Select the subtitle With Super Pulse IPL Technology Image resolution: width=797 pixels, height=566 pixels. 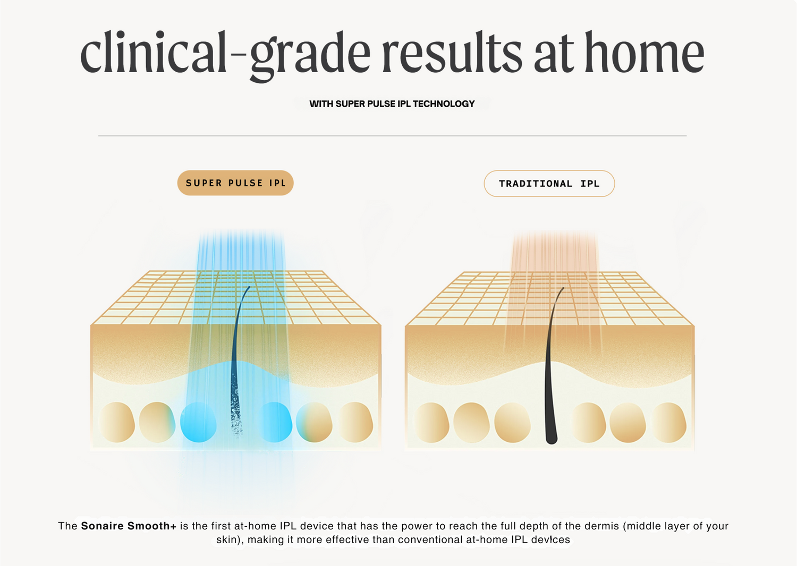pyautogui.click(x=392, y=104)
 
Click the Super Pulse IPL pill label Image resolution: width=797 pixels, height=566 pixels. pyautogui.click(x=235, y=183)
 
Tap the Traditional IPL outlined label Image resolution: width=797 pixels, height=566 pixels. pyautogui.click(x=549, y=184)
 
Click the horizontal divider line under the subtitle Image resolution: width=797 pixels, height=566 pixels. pyautogui.click(x=393, y=135)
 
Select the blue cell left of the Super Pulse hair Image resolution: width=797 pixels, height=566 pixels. pyautogui.click(x=198, y=422)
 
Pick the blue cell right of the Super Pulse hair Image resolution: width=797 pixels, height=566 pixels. pyautogui.click(x=275, y=422)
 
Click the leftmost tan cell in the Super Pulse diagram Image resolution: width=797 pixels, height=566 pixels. pyautogui.click(x=117, y=422)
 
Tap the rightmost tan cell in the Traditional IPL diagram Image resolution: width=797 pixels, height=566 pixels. pyautogui.click(x=669, y=422)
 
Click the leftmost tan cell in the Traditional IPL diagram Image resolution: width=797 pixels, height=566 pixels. pyautogui.click(x=432, y=422)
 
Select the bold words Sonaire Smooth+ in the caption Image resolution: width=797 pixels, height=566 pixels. pyautogui.click(x=129, y=526)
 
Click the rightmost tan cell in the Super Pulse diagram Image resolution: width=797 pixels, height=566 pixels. pyautogui.click(x=355, y=422)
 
